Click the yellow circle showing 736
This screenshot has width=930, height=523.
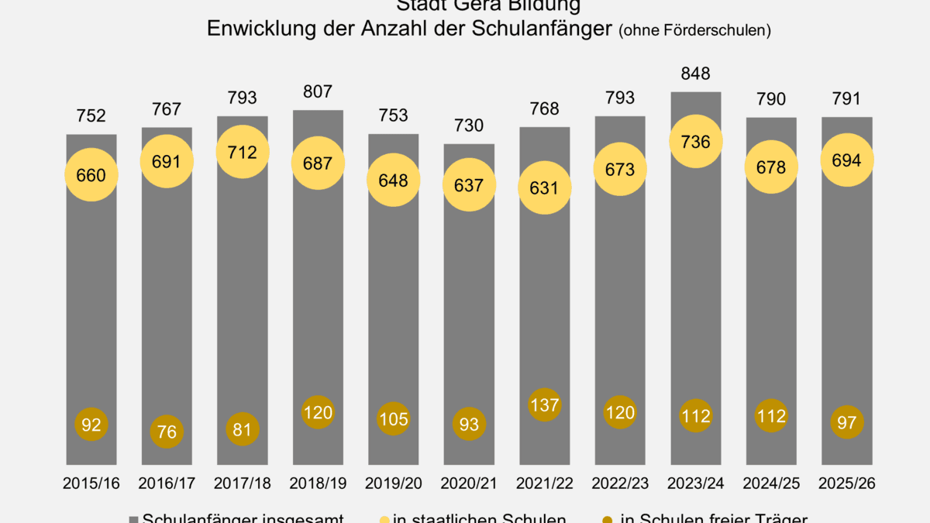point(696,143)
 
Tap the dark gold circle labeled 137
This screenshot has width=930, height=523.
point(545,404)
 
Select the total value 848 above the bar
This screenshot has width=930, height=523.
point(696,74)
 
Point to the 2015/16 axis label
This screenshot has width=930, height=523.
point(91,483)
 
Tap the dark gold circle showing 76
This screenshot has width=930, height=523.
point(167,432)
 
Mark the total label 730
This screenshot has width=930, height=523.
point(469,126)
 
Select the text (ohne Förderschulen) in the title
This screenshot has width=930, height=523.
point(694,31)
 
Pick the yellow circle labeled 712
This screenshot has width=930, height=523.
point(243,153)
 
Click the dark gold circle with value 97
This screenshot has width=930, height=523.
point(847,422)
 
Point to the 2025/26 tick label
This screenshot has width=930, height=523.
point(847,483)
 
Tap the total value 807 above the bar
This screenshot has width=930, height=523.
point(318,91)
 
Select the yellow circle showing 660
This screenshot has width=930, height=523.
point(91,175)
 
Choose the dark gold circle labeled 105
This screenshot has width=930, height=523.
point(394,419)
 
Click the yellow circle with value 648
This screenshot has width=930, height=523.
point(394,180)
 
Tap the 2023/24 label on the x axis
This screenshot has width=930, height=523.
point(696,483)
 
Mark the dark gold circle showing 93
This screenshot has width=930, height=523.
point(469,424)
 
